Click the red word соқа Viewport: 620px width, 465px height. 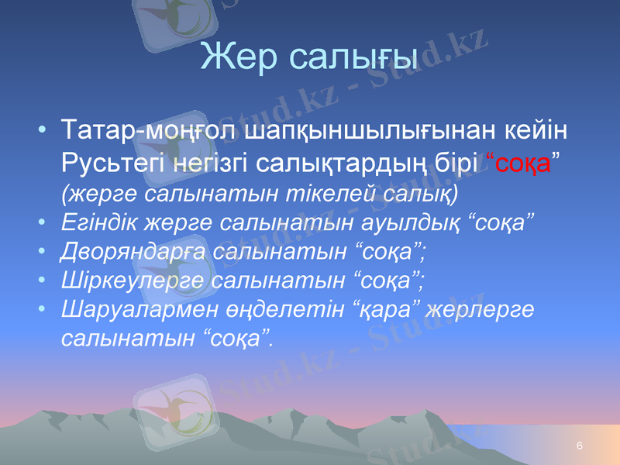click(523, 164)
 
